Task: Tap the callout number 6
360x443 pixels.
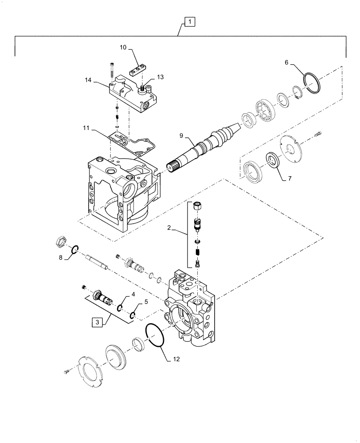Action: (287, 63)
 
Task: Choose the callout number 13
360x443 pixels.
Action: (160, 77)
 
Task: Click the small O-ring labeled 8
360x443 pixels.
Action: (75, 251)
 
